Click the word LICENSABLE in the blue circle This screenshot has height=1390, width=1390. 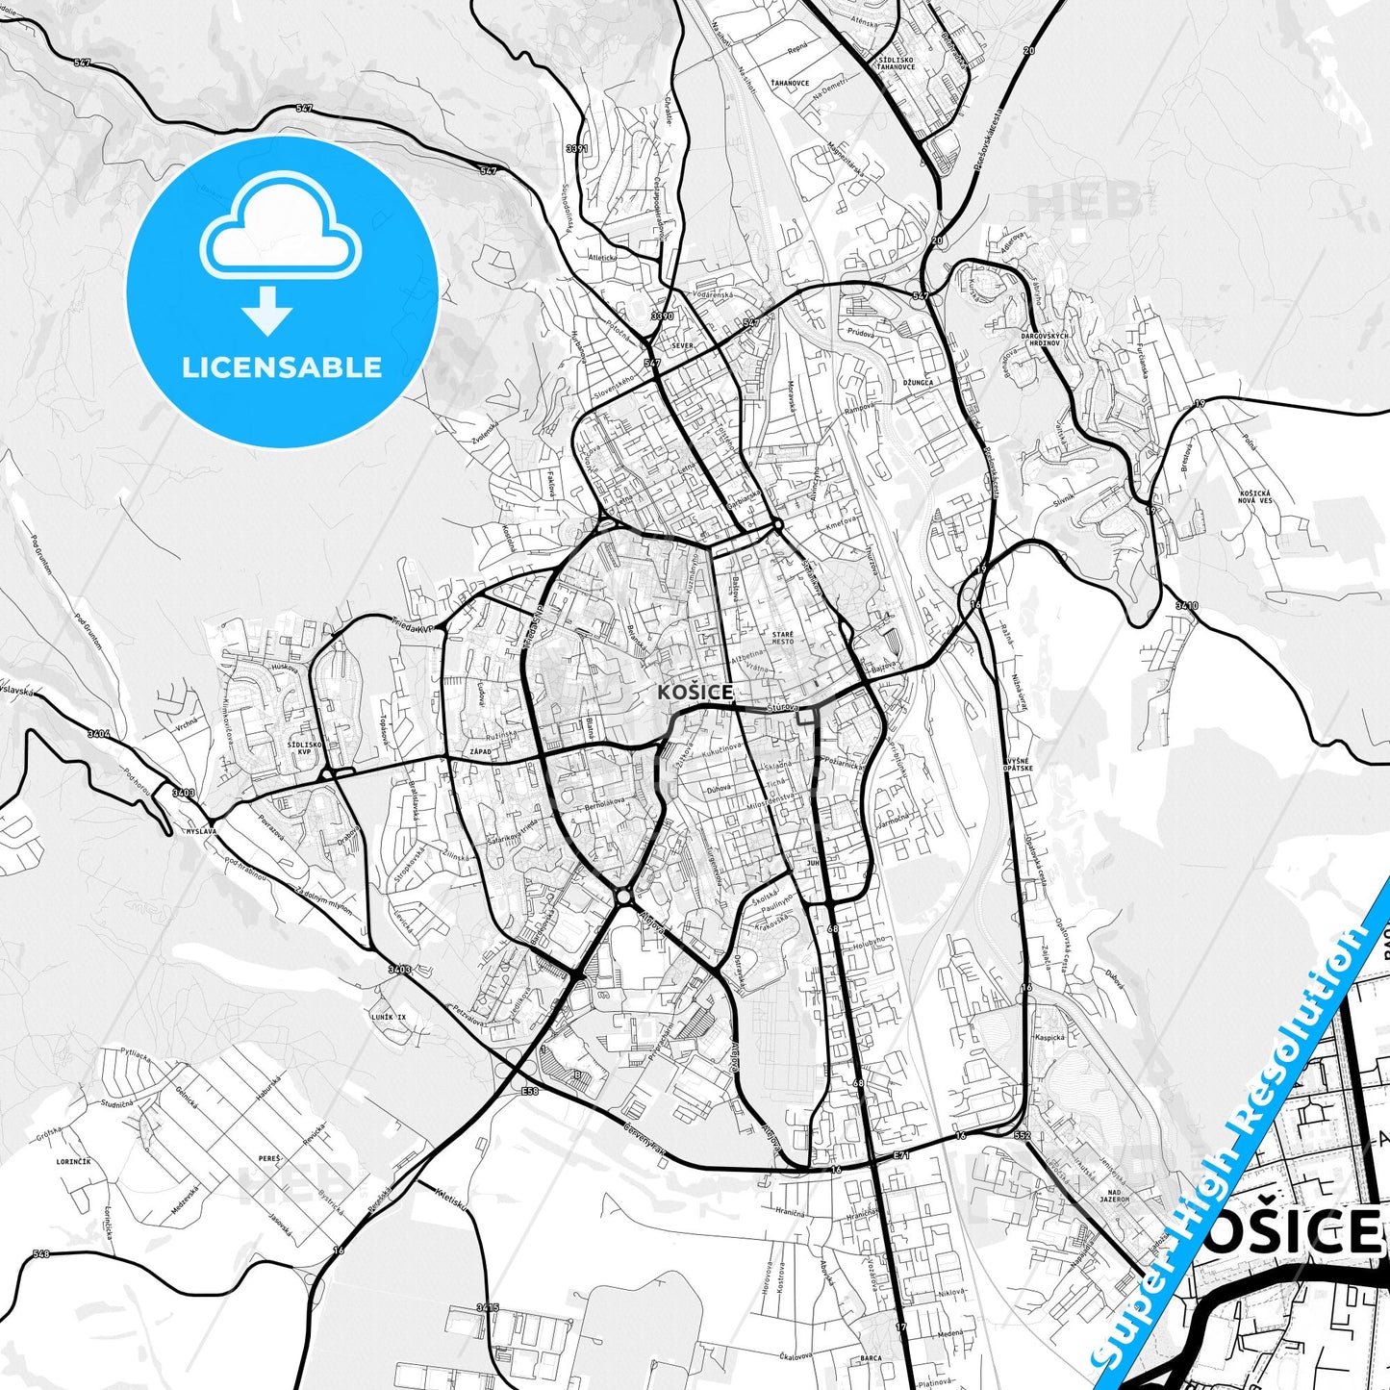(282, 367)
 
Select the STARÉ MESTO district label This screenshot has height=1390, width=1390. (782, 638)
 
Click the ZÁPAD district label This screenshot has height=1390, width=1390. (479, 751)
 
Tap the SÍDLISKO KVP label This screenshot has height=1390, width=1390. (304, 748)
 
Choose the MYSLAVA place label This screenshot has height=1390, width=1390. (200, 829)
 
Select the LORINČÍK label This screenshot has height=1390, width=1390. (73, 1162)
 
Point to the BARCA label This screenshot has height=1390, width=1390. (872, 1357)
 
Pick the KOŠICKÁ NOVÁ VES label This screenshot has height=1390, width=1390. (1255, 496)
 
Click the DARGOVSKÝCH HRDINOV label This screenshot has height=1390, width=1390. (1044, 340)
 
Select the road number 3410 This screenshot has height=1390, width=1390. (1187, 606)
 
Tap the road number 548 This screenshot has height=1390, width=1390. (40, 1254)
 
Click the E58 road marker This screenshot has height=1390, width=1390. (530, 1092)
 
